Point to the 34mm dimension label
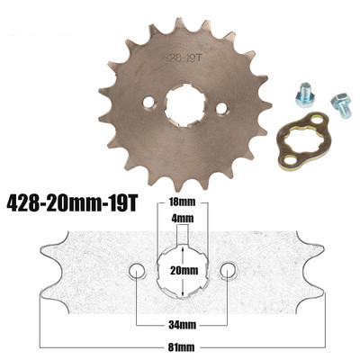(x=184, y=323)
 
